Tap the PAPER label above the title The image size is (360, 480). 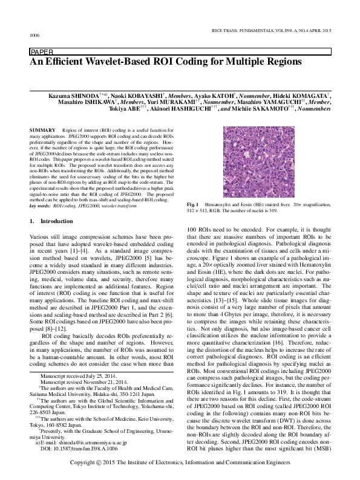tap(41, 53)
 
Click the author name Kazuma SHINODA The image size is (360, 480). tap(70, 96)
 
